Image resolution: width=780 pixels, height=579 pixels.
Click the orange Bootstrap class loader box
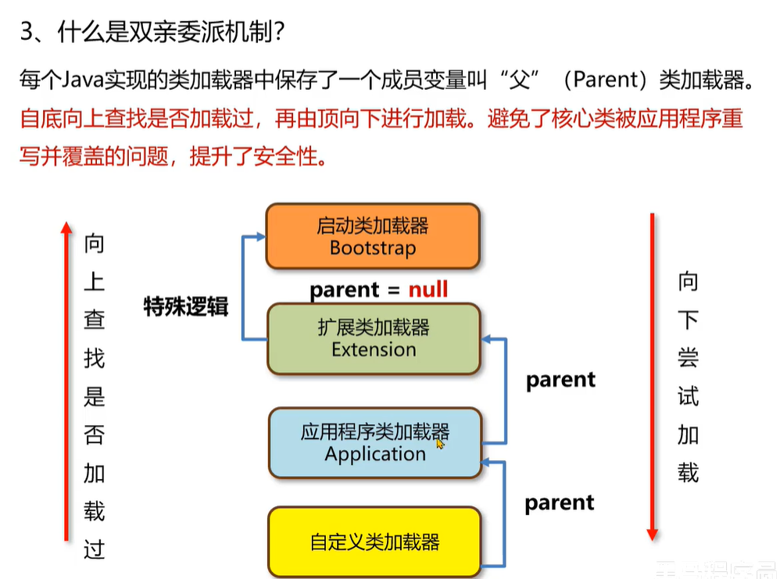point(372,236)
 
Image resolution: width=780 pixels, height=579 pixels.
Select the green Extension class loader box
point(373,338)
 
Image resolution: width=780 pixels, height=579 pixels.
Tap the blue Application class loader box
point(374,442)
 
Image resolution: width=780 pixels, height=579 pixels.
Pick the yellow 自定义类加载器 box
point(374,541)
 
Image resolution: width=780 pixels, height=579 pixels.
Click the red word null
point(428,290)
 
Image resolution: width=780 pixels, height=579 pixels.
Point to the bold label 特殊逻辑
point(185,306)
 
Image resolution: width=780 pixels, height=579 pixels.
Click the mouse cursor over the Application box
point(440,443)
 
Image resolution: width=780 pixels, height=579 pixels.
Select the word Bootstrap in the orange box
point(373,248)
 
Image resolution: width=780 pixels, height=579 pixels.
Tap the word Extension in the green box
point(374,349)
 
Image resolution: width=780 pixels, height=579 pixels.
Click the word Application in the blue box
point(375,454)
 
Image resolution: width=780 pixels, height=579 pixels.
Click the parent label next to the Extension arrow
point(560,380)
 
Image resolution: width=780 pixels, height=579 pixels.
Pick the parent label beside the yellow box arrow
point(559,502)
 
